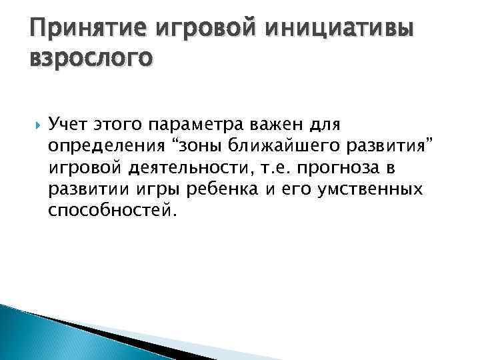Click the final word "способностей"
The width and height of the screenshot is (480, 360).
[112, 211]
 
